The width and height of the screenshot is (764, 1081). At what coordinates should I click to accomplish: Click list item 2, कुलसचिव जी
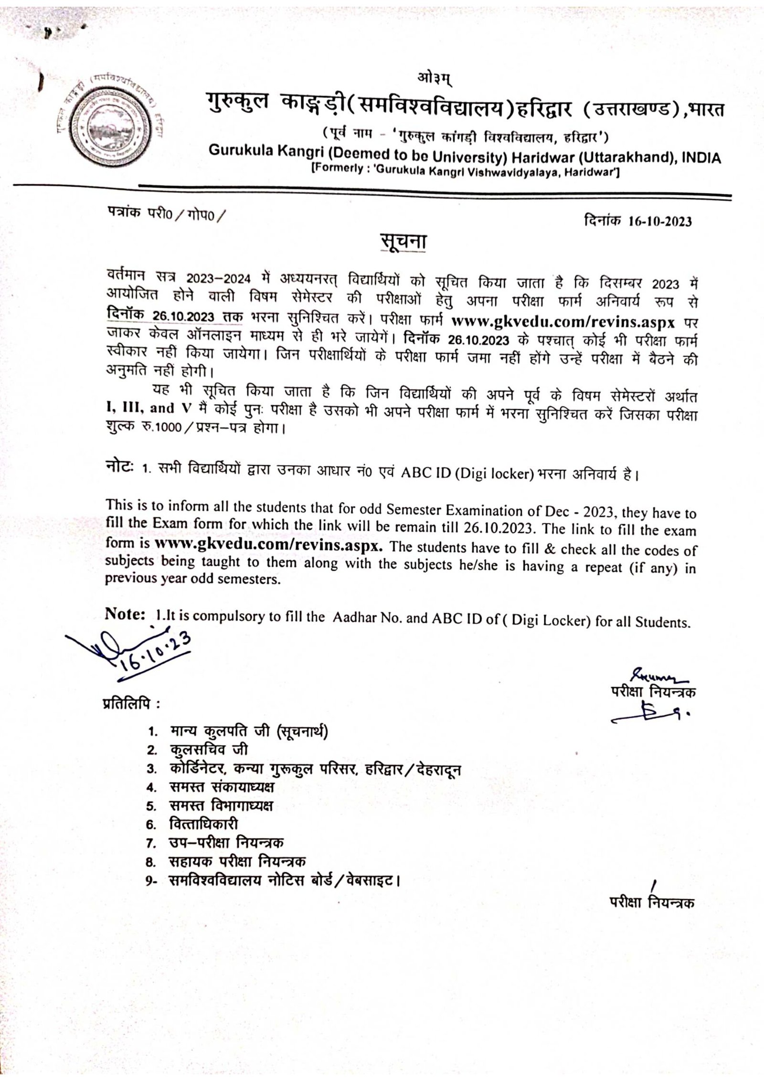coord(209,750)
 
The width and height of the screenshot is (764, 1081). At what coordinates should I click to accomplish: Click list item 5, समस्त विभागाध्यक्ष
coord(222,805)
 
